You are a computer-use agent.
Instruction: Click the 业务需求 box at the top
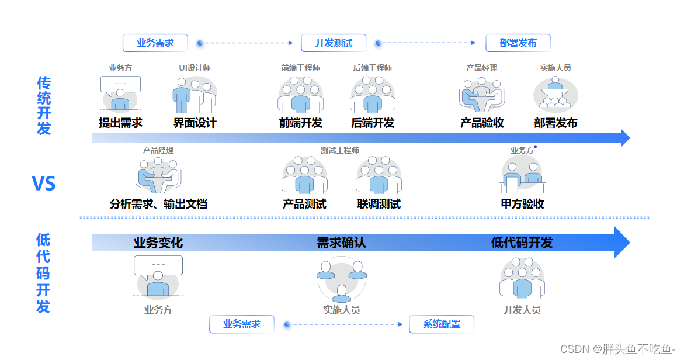coord(155,43)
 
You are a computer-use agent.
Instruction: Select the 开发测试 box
coord(334,43)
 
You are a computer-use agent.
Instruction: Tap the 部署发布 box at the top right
coord(518,43)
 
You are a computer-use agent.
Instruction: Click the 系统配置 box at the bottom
coord(441,324)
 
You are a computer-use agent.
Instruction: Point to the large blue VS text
coord(44,184)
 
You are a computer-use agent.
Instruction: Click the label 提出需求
coord(120,123)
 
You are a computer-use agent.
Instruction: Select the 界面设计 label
coord(195,123)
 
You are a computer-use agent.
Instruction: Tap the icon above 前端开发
coord(300,95)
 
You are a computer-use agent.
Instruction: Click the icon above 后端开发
coord(372,95)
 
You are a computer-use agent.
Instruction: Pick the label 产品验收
coord(482,123)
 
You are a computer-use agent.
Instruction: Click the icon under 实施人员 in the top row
coord(555,95)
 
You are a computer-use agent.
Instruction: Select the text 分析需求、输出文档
coord(158,205)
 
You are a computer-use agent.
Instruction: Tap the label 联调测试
coord(379,205)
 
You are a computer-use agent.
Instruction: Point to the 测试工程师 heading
coord(339,151)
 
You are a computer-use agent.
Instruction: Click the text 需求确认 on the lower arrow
coord(341,243)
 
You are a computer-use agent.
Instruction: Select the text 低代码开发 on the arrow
coord(522,243)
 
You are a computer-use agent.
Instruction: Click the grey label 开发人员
coord(522,310)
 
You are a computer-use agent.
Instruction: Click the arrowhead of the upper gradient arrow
coord(624,139)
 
